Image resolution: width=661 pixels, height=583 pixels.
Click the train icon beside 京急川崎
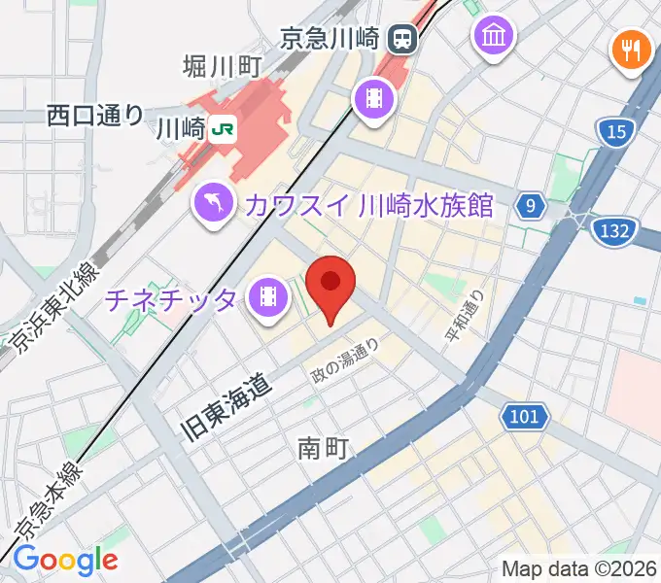click(x=400, y=39)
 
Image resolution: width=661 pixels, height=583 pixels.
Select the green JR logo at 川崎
click(x=223, y=127)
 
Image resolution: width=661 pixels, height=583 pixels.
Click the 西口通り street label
click(x=95, y=115)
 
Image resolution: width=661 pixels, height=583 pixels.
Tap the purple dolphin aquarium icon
click(x=211, y=203)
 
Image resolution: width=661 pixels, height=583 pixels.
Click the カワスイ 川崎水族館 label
click(x=370, y=205)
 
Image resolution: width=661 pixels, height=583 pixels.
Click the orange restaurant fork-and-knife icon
click(x=631, y=49)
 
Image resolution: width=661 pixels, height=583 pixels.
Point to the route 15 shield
click(x=613, y=133)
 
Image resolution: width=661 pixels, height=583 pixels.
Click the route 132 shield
click(x=614, y=230)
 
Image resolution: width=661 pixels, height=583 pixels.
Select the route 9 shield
click(x=529, y=206)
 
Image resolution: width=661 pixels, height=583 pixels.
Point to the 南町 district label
click(x=323, y=448)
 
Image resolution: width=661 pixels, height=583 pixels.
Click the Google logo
click(x=65, y=559)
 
